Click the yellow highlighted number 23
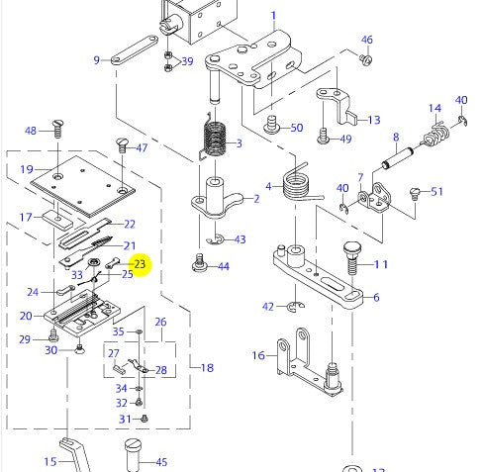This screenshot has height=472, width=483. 140,264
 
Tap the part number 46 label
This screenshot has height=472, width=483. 366,41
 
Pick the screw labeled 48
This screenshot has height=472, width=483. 57,127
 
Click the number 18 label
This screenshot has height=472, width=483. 207,368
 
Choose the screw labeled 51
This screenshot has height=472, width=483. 417,191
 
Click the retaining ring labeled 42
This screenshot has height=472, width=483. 293,310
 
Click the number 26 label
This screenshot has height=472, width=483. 160,323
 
